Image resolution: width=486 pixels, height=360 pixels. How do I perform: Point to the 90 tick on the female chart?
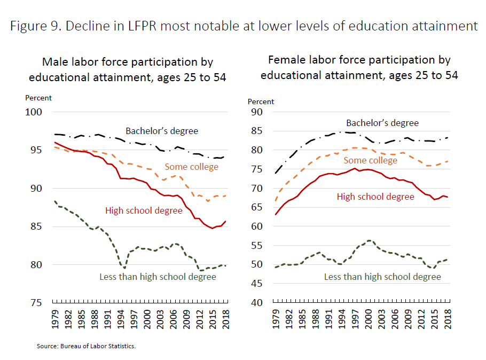tap(256, 112)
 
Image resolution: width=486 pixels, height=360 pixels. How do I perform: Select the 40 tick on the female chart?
tap(256, 303)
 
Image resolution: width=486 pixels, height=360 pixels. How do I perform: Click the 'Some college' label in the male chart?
tap(192, 167)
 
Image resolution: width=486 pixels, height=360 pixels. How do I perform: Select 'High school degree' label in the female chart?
tap(375, 197)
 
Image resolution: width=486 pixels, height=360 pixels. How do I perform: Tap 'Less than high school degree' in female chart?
tap(382, 277)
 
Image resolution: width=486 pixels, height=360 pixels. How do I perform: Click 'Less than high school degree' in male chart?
tap(158, 277)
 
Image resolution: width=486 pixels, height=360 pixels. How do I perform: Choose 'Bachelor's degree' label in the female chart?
tap(382, 123)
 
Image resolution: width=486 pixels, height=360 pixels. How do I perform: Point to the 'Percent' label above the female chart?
tap(261, 101)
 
